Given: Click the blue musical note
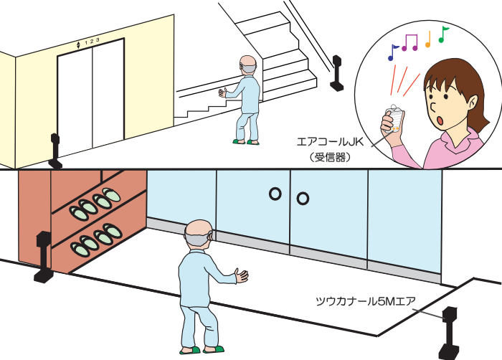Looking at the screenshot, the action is pyautogui.click(x=392, y=53).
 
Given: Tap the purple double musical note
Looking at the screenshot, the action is pyautogui.click(x=410, y=42).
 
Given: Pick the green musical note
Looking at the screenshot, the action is pyautogui.click(x=443, y=34).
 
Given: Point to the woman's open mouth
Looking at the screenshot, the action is pyautogui.click(x=440, y=120).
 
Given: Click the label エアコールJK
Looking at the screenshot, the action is pyautogui.click(x=330, y=141).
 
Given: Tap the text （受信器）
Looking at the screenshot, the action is pyautogui.click(x=330, y=157).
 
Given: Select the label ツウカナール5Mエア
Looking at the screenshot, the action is pyautogui.click(x=366, y=301).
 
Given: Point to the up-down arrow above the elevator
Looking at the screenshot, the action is pyautogui.click(x=78, y=45).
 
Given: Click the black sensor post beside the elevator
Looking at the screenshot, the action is pyautogui.click(x=55, y=151).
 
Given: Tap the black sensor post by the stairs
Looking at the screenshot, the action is pyautogui.click(x=336, y=73).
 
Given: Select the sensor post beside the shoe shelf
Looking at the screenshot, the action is pyautogui.click(x=44, y=257).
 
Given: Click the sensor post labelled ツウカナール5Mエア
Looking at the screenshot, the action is pyautogui.click(x=449, y=333).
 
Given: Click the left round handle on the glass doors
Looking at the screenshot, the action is pyautogui.click(x=275, y=194).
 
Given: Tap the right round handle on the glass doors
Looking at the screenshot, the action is pyautogui.click(x=303, y=199).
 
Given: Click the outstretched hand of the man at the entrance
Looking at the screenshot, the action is pyautogui.click(x=242, y=276).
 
